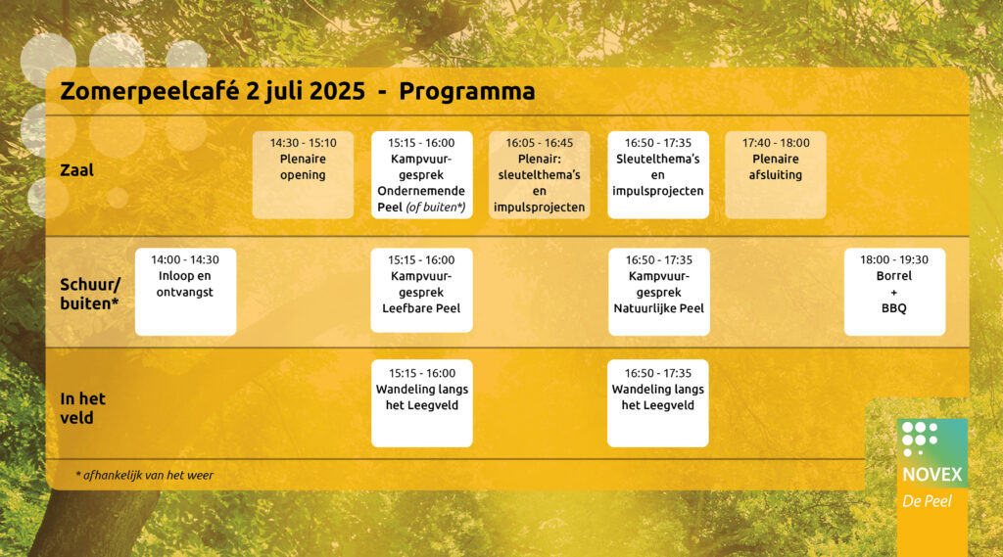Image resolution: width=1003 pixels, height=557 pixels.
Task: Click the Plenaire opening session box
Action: click(x=303, y=174)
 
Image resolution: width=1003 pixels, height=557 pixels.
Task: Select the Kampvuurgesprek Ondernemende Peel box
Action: click(x=421, y=174)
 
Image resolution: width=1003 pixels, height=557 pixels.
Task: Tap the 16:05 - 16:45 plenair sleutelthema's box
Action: click(x=540, y=174)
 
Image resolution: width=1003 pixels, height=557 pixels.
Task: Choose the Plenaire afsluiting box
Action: click(x=776, y=174)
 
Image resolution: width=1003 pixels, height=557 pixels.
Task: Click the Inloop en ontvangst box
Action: click(x=185, y=292)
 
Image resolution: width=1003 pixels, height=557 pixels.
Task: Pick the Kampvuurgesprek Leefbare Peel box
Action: click(x=421, y=291)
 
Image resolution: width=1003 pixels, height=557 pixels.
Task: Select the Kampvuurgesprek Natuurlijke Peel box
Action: click(x=659, y=292)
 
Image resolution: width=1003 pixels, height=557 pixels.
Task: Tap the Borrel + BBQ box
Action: click(x=894, y=292)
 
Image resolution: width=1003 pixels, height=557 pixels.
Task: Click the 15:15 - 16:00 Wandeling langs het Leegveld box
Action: click(x=421, y=403)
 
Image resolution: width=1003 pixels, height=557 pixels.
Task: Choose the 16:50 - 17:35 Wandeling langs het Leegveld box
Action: click(x=657, y=403)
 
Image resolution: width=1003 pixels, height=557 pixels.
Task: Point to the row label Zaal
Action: click(x=76, y=170)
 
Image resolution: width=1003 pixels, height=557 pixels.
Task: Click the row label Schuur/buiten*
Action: click(x=90, y=294)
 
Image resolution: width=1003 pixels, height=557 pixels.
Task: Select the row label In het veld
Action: click(x=82, y=408)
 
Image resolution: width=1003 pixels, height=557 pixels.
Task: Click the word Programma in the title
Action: click(x=467, y=91)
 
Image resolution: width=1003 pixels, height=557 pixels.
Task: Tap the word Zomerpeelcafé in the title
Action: click(x=150, y=91)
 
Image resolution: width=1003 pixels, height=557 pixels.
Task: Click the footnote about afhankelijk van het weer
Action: click(x=145, y=475)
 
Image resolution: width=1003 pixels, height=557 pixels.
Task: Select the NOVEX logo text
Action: click(x=932, y=475)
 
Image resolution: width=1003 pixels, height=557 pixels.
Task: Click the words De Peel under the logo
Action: click(x=927, y=501)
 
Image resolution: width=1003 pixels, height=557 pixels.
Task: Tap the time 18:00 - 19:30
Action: click(x=894, y=259)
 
